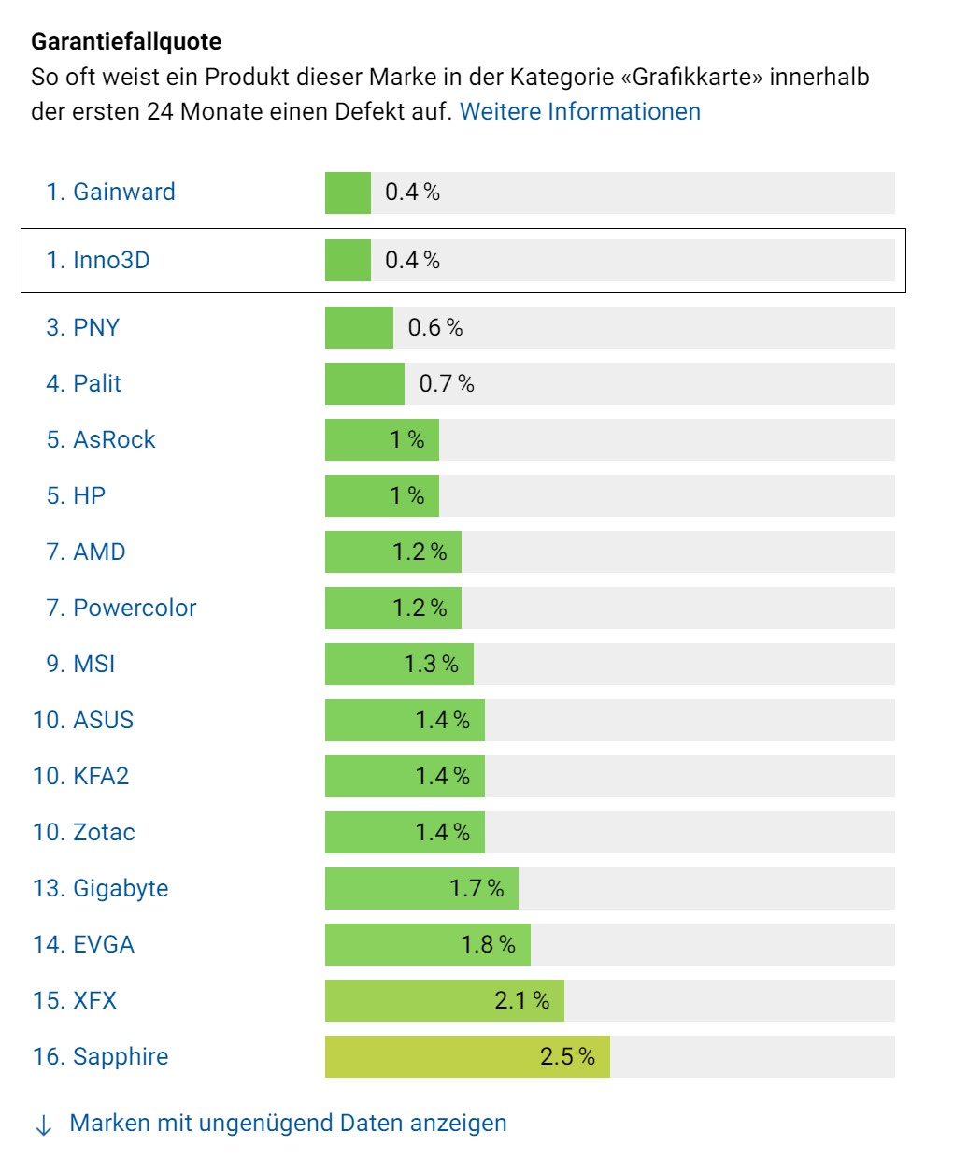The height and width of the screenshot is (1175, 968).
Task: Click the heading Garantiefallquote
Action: (126, 42)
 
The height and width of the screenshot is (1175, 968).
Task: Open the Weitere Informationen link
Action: (579, 111)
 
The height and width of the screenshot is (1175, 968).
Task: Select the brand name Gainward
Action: (123, 192)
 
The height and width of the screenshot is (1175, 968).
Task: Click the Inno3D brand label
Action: (110, 260)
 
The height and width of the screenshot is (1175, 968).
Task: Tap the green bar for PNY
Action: (359, 328)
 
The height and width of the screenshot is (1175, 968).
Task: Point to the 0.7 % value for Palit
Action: (446, 383)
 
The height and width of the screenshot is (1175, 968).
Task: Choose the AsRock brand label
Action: (113, 439)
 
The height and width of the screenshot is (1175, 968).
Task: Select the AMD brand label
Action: (98, 552)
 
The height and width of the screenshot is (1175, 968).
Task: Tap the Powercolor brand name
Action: (134, 608)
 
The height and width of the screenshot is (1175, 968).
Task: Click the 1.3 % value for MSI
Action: (431, 664)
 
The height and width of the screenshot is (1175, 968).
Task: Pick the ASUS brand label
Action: (103, 720)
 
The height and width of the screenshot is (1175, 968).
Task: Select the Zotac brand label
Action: (104, 832)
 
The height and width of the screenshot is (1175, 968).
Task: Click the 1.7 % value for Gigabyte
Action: (477, 888)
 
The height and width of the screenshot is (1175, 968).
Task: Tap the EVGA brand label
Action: (103, 944)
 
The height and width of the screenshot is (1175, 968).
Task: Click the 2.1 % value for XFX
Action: (521, 1000)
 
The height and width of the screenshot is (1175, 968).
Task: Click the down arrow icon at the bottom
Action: (43, 1125)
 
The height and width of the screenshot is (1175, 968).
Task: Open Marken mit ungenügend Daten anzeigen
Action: (288, 1123)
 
